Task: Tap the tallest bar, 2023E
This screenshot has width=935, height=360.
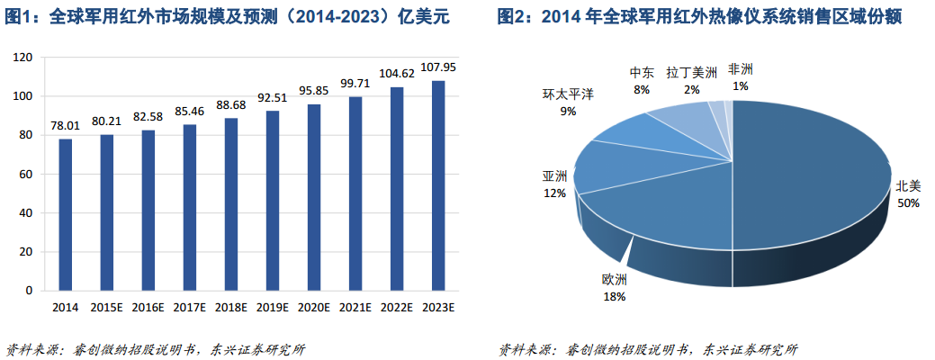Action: [438, 185]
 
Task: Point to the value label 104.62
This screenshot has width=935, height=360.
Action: [397, 74]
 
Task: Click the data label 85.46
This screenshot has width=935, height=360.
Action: [189, 112]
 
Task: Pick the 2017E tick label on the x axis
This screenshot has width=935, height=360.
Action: [189, 307]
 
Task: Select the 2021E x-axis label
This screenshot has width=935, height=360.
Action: [355, 307]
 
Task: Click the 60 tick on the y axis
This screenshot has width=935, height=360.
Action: [27, 174]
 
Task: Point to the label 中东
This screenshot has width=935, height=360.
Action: [642, 73]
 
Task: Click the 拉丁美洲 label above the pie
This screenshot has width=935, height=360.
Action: [692, 73]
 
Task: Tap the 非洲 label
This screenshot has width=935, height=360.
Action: [741, 69]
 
